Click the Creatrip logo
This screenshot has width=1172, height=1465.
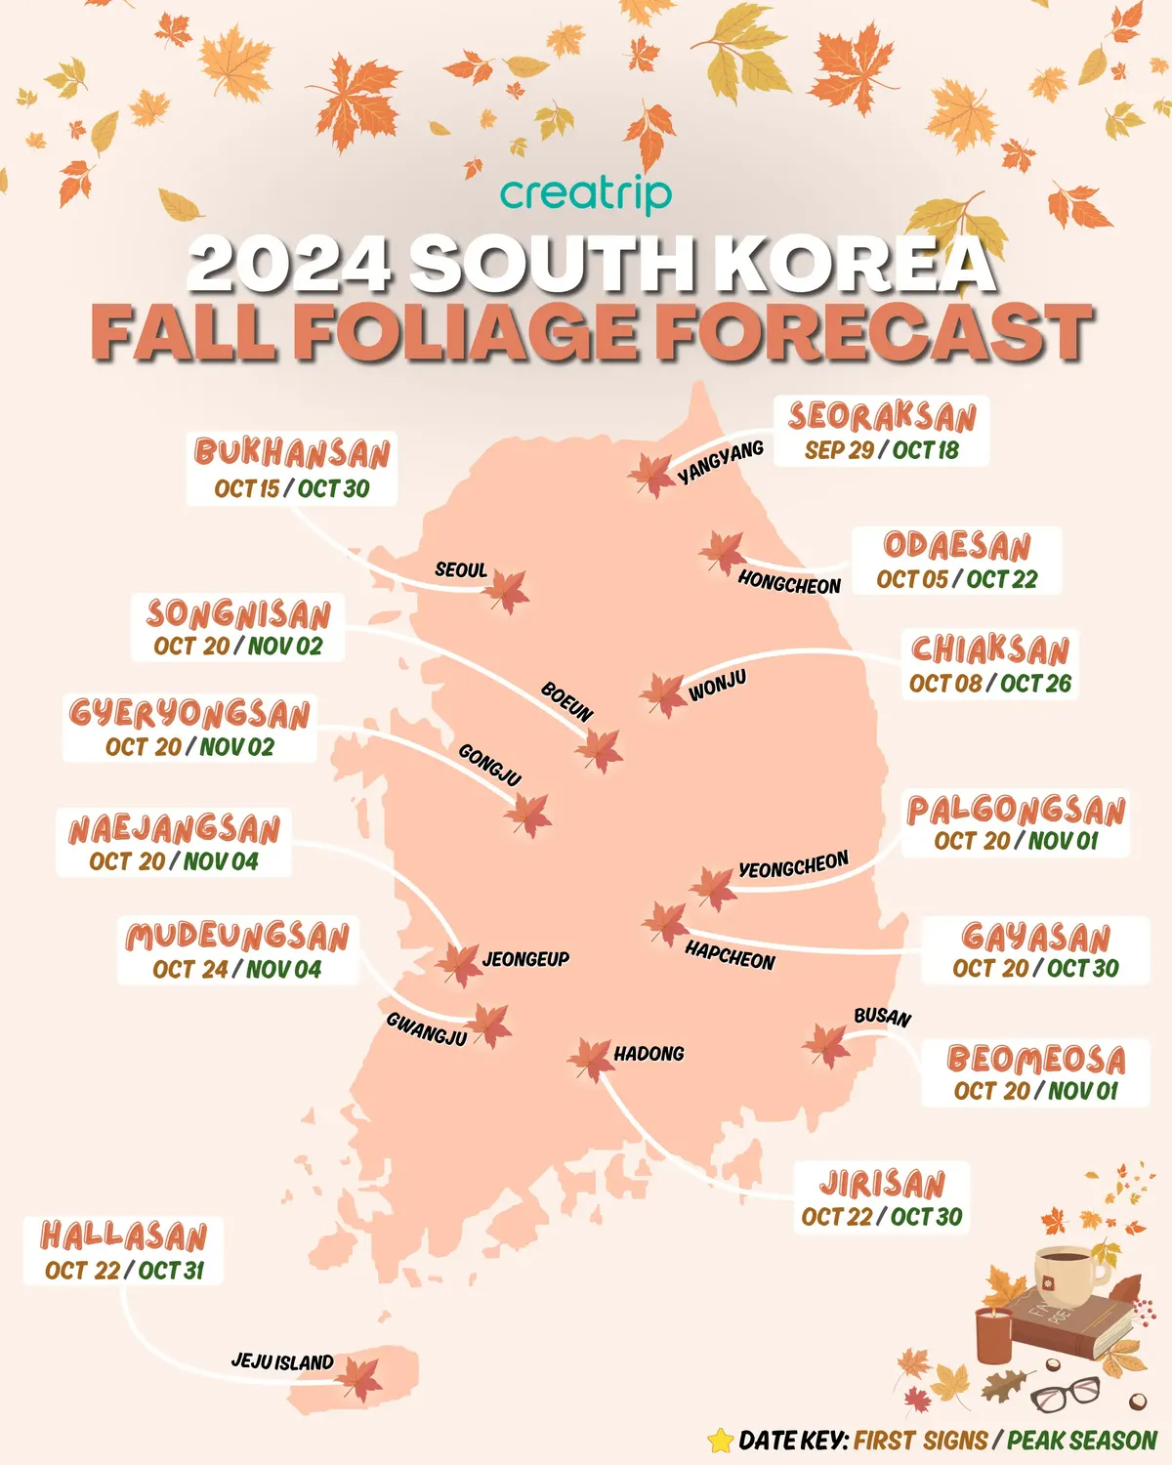[586, 193]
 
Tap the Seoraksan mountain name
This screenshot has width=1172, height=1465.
[882, 417]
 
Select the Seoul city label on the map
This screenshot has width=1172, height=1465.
[461, 569]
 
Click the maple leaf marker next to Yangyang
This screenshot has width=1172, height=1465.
[651, 475]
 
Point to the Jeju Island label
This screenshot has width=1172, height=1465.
[282, 1361]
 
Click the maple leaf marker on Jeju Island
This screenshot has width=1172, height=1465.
[359, 1379]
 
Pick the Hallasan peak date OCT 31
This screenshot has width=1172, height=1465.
[171, 1270]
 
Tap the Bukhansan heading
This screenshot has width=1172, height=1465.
[292, 453]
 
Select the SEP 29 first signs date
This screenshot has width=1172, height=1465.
[839, 450]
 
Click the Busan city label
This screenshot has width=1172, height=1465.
[882, 1017]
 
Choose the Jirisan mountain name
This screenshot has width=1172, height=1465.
[882, 1184]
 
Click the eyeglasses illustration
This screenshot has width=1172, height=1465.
[1067, 1395]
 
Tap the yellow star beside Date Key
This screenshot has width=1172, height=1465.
[721, 1440]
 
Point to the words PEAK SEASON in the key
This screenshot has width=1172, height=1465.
[1082, 1441]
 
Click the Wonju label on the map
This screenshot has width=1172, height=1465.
[718, 686]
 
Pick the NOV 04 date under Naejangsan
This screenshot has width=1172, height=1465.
[221, 861]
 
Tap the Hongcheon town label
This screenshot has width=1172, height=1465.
[789, 583]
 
